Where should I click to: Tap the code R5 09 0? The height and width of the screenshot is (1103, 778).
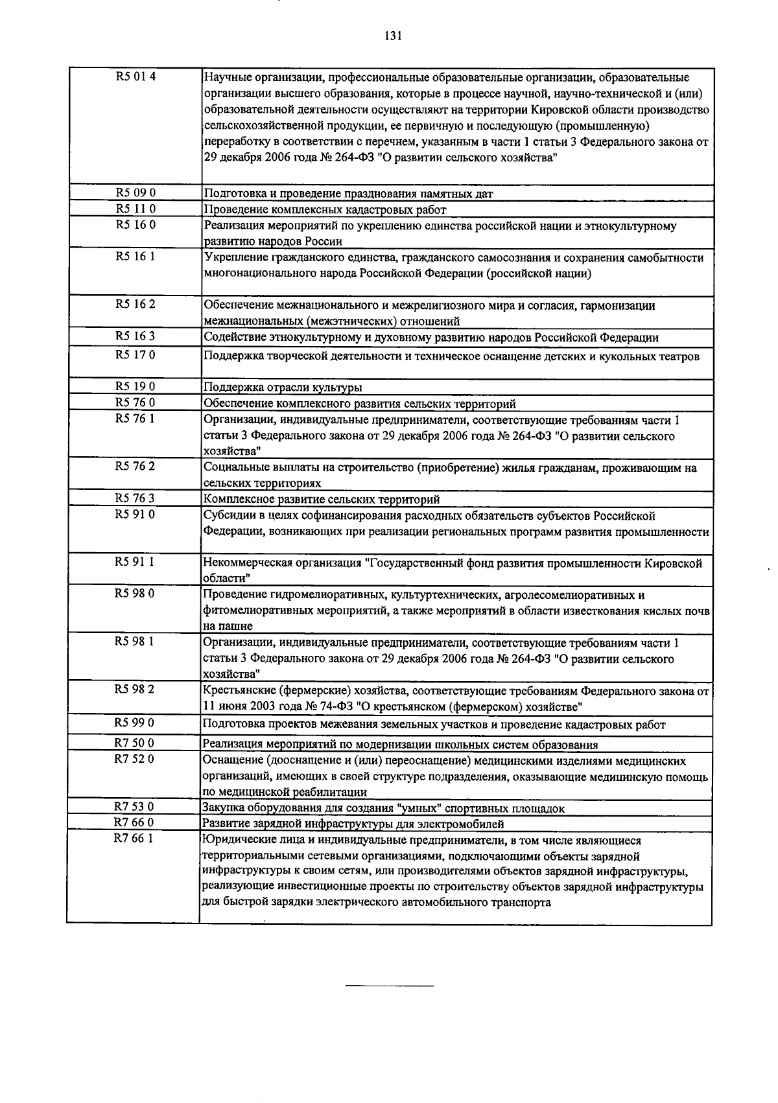[136, 192]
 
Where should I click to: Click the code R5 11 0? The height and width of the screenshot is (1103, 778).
[136, 209]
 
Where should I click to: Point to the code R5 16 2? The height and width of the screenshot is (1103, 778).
[136, 304]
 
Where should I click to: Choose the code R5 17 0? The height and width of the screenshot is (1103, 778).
[136, 354]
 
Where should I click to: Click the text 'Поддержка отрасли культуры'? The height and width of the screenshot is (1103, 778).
[283, 388]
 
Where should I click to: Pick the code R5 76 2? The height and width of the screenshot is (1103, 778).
[136, 466]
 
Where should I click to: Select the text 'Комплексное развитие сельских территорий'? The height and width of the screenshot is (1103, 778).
[322, 499]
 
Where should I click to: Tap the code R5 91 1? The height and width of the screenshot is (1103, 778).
[136, 562]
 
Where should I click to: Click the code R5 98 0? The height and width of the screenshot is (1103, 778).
[136, 593]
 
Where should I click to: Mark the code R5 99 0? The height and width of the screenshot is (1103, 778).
[136, 722]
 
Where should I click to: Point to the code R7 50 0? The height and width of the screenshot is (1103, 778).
[136, 743]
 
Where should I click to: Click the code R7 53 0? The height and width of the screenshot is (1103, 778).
[136, 807]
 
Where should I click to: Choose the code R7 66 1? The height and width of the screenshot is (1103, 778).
[136, 839]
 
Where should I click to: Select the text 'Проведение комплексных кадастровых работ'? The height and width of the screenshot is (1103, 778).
[325, 209]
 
